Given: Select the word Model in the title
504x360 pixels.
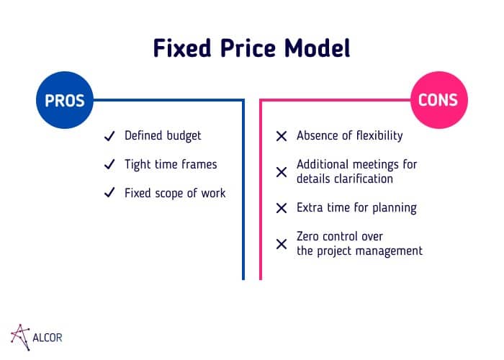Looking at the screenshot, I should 316,48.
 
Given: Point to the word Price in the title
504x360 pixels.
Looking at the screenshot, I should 248,48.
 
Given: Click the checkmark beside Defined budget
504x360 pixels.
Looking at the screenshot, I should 109,135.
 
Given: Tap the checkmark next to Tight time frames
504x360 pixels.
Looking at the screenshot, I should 109,164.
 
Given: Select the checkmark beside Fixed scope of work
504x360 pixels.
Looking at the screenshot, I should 109,193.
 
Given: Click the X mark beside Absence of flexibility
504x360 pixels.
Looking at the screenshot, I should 282,135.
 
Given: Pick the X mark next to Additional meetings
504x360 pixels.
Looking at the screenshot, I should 282,171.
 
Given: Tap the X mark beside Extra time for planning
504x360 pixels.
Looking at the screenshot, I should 282,208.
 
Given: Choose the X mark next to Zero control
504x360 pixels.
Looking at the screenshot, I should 282,244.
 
